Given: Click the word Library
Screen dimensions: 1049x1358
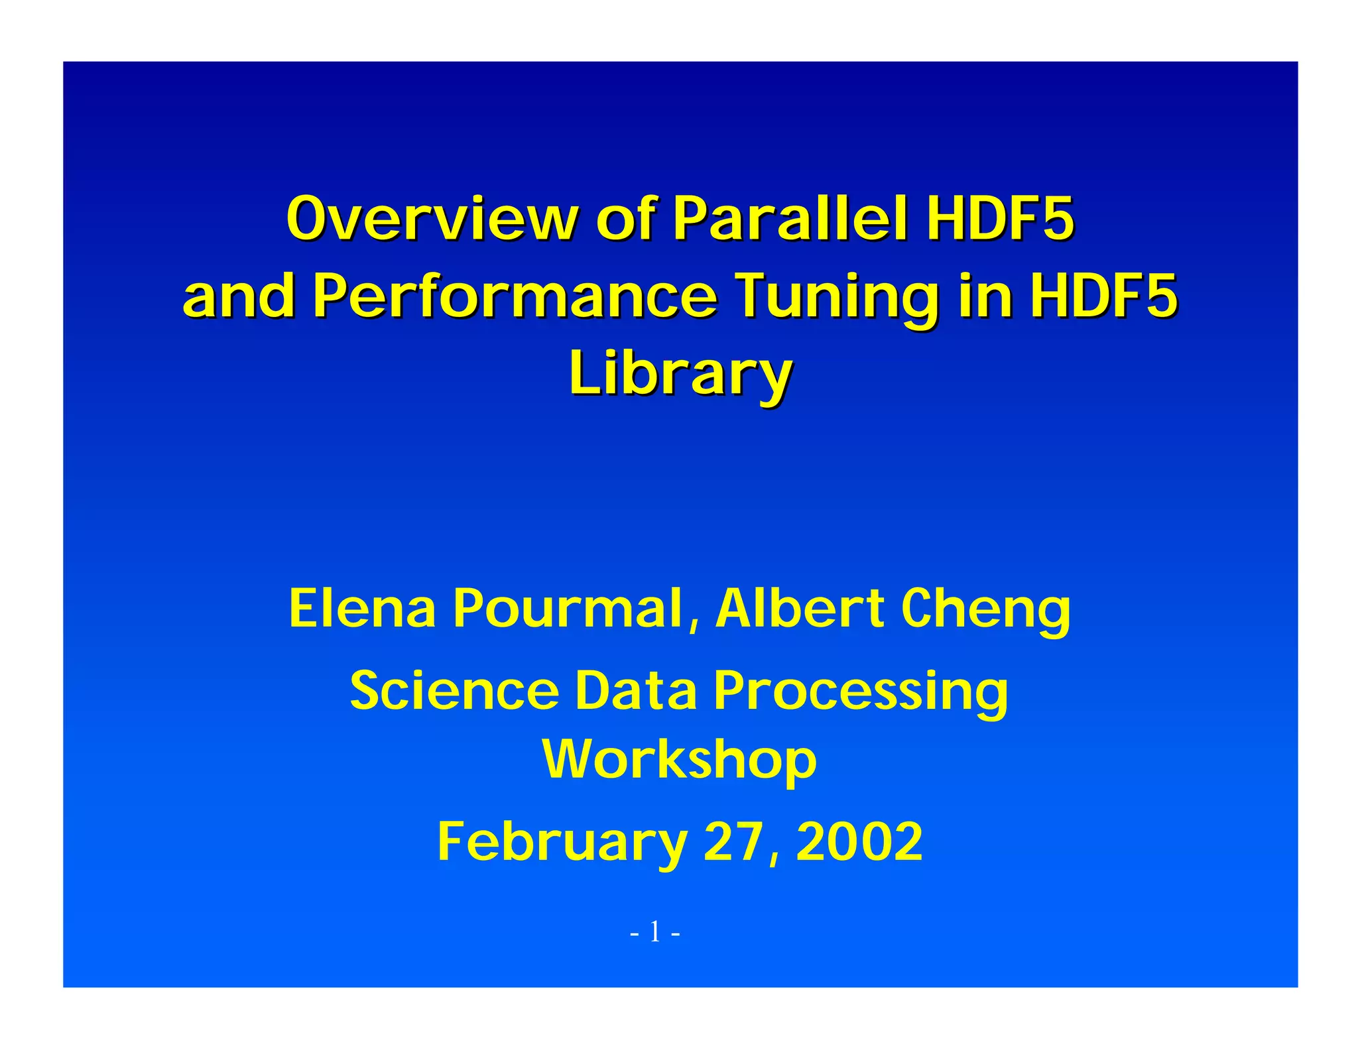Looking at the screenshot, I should click(680, 373).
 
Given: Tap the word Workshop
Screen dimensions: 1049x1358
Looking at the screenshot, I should click(679, 759).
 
